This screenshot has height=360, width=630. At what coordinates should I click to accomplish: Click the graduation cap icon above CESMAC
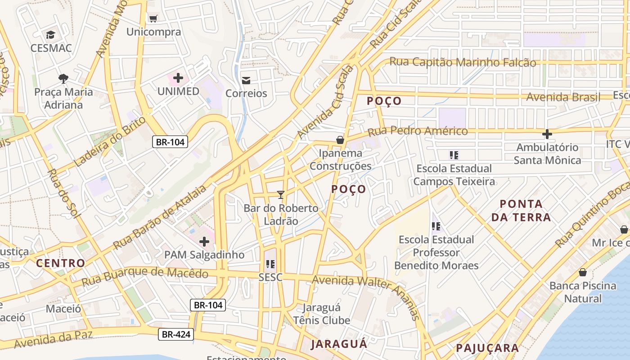click(x=50, y=35)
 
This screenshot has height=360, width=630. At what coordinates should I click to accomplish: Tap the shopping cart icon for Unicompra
click(x=153, y=18)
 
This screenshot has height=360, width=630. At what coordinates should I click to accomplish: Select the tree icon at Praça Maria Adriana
click(x=63, y=79)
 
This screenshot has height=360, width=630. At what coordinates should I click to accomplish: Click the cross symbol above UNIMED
click(x=178, y=78)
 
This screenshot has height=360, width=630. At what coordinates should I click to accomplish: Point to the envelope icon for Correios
click(x=246, y=81)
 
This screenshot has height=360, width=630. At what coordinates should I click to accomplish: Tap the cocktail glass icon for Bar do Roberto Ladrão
click(x=281, y=195)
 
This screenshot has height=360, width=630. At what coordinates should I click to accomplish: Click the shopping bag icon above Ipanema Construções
click(x=340, y=140)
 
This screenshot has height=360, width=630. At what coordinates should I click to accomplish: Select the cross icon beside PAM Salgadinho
click(x=204, y=242)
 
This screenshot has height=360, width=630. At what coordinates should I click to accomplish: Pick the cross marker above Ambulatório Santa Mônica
click(x=547, y=134)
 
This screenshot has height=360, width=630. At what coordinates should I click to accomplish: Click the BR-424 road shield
click(x=176, y=334)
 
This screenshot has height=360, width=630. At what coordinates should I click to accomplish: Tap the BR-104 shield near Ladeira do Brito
click(x=170, y=142)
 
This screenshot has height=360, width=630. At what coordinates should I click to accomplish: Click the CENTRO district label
click(x=60, y=263)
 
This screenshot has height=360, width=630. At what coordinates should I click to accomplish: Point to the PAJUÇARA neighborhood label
click(x=487, y=348)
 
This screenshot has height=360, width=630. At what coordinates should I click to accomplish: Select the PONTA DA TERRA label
click(x=521, y=211)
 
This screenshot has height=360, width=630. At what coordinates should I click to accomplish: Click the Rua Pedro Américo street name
click(x=418, y=131)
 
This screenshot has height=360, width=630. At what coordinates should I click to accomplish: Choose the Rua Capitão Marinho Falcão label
click(x=463, y=62)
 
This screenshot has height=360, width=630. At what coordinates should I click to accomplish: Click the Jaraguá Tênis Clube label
click(x=321, y=314)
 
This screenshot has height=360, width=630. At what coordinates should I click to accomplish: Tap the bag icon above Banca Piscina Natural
click(x=582, y=272)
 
